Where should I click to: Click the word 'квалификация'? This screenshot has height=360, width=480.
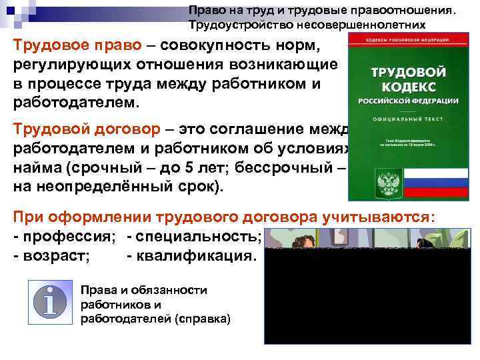point(194,256)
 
